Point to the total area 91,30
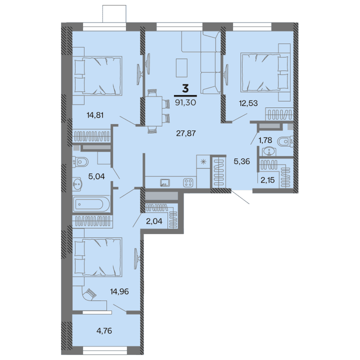pyautogui.click(x=185, y=101)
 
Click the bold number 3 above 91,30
pyautogui.click(x=185, y=89)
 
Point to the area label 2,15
pyautogui.click(x=265, y=179)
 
